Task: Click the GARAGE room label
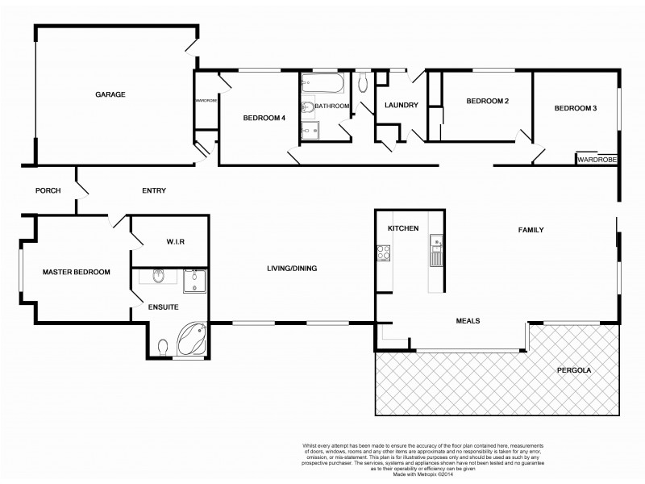(x=110, y=94)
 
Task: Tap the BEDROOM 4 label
(x=264, y=118)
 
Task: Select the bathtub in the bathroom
(x=323, y=84)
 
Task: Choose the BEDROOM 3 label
(x=575, y=108)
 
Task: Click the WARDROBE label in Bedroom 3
(x=597, y=160)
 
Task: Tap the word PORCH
(x=48, y=191)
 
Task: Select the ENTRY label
(x=154, y=191)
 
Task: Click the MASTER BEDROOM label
(x=76, y=272)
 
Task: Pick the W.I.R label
(x=177, y=241)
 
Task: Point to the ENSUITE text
(x=163, y=307)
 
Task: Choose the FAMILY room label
(x=531, y=230)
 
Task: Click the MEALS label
(x=467, y=320)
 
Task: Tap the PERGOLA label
(x=574, y=371)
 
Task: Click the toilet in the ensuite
(x=164, y=346)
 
